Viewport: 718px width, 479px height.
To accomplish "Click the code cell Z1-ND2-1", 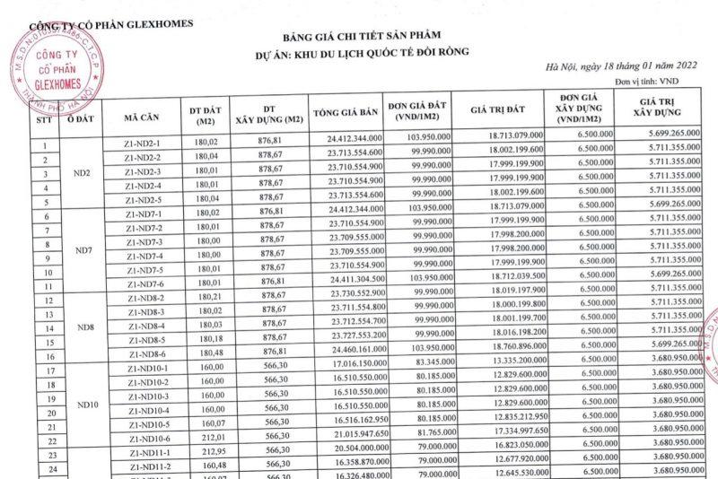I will point(143,144).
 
